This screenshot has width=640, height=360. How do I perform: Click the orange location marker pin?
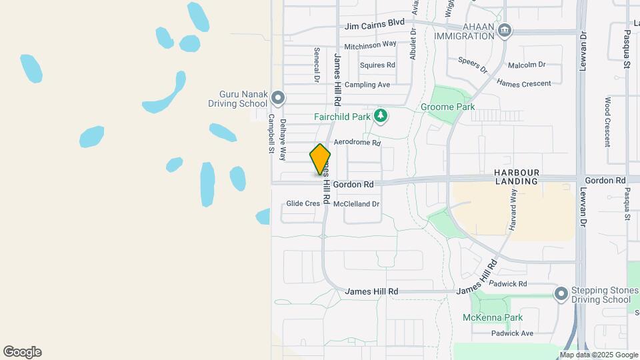(320, 159)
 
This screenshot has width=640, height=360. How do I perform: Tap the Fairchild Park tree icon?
(381, 116)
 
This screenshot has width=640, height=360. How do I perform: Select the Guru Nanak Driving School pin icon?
(279, 99)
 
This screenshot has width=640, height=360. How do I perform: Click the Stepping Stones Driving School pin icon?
(561, 293)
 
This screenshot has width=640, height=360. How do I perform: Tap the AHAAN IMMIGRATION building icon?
(505, 29)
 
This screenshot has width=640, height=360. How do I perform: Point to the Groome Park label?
(447, 107)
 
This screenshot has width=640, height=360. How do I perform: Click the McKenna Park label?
(493, 317)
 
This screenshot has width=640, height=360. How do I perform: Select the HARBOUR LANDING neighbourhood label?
(516, 177)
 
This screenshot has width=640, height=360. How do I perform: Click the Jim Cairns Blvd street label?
(375, 23)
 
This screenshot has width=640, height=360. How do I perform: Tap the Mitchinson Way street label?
(370, 46)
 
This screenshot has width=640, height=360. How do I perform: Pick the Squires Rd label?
(377, 65)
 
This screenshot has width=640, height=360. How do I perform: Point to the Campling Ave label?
(367, 85)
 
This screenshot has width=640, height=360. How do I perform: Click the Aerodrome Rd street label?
(357, 143)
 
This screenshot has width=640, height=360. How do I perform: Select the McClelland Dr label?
(356, 203)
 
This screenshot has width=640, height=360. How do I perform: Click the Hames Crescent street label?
(524, 83)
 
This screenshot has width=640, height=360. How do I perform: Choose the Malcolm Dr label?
(527, 65)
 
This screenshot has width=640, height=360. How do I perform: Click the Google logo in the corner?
(22, 352)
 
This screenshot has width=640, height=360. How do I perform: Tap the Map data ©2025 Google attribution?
(599, 355)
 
